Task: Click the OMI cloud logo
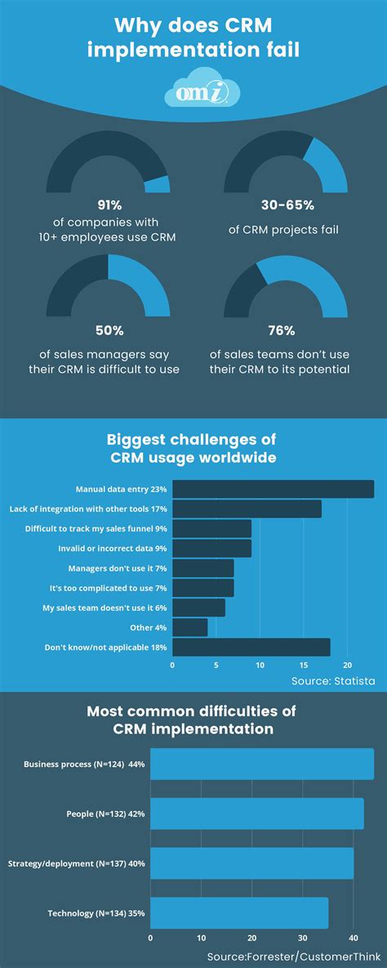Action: tap(193, 91)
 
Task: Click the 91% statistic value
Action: tap(108, 206)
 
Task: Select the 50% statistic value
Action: tap(108, 331)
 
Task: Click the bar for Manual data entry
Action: tap(273, 489)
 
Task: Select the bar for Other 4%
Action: tap(190, 627)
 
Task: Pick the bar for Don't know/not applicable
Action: tap(251, 647)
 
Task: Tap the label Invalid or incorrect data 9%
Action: tap(112, 549)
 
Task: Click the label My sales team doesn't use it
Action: tap(105, 607)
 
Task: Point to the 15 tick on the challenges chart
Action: tap(304, 665)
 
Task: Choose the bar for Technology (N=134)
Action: tap(239, 912)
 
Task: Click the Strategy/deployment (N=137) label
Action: tap(75, 863)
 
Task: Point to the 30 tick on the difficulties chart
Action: tap(303, 938)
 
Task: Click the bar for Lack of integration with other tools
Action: tap(247, 509)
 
